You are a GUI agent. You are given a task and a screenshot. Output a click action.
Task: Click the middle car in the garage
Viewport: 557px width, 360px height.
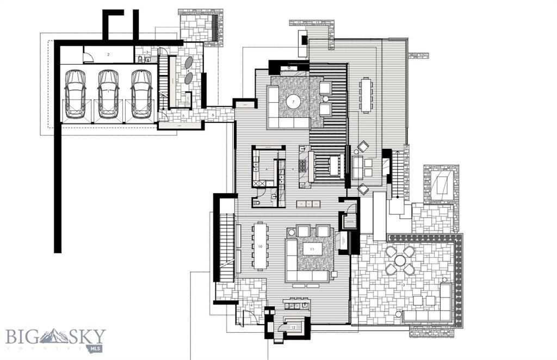[x=108, y=94]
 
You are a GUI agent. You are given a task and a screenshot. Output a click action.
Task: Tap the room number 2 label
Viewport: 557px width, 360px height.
[x=109, y=54]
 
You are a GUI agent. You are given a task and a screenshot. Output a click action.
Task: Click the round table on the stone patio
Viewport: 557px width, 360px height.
[x=400, y=260]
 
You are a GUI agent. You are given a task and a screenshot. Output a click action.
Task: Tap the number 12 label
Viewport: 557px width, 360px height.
[x=293, y=327]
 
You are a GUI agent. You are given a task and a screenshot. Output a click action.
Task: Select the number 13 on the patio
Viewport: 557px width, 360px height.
[x=403, y=284]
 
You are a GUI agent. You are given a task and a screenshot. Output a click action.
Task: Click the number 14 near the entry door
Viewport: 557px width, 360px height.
[x=251, y=306]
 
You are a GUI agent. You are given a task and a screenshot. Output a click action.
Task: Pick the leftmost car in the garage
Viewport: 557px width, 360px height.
[x=75, y=94]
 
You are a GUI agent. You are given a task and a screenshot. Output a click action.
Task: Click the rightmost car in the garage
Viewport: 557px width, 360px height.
[x=141, y=94]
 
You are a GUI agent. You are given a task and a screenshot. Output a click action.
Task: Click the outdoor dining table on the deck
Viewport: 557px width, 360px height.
[x=366, y=95]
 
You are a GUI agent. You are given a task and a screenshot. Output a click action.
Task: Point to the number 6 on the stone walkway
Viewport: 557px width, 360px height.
[x=213, y=114]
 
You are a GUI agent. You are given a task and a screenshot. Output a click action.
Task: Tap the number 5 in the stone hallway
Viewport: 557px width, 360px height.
[x=183, y=115]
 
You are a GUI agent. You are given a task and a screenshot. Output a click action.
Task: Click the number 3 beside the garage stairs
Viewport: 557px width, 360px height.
[x=147, y=52]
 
